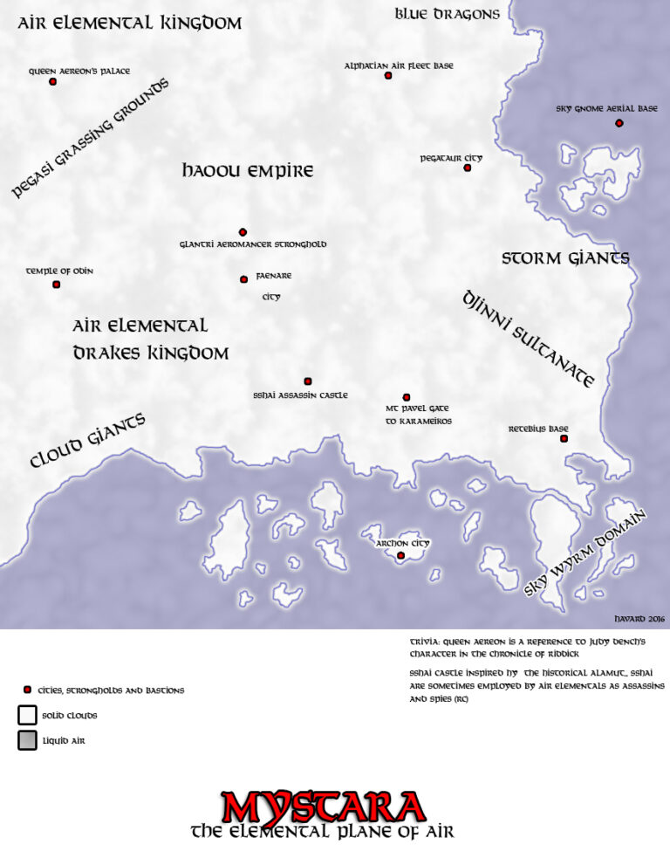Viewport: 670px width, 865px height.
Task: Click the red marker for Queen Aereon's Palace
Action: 52,81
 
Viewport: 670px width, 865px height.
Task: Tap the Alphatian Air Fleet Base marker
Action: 388,76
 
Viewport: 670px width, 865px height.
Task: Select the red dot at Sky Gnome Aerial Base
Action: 619,123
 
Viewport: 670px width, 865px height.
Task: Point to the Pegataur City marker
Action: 468,168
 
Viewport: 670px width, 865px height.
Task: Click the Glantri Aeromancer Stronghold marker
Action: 243,232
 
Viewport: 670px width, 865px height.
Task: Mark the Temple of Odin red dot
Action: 57,285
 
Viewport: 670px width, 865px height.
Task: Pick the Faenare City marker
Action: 243,279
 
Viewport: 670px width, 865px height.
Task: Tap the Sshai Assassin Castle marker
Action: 308,381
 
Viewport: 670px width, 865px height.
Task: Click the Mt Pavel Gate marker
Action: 407,397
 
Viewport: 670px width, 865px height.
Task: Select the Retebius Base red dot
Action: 564,438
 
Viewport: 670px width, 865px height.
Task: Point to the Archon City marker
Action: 401,555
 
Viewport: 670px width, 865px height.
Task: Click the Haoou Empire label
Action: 248,171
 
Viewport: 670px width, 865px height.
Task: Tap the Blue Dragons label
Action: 447,14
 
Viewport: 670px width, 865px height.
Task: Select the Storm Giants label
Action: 565,258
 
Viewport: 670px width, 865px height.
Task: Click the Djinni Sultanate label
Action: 529,339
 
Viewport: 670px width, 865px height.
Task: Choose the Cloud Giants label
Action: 87,441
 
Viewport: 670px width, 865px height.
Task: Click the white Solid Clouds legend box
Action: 27,715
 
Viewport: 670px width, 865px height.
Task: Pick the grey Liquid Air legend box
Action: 27,740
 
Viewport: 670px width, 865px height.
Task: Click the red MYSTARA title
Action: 323,807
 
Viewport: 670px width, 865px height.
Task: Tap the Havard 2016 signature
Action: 640,618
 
